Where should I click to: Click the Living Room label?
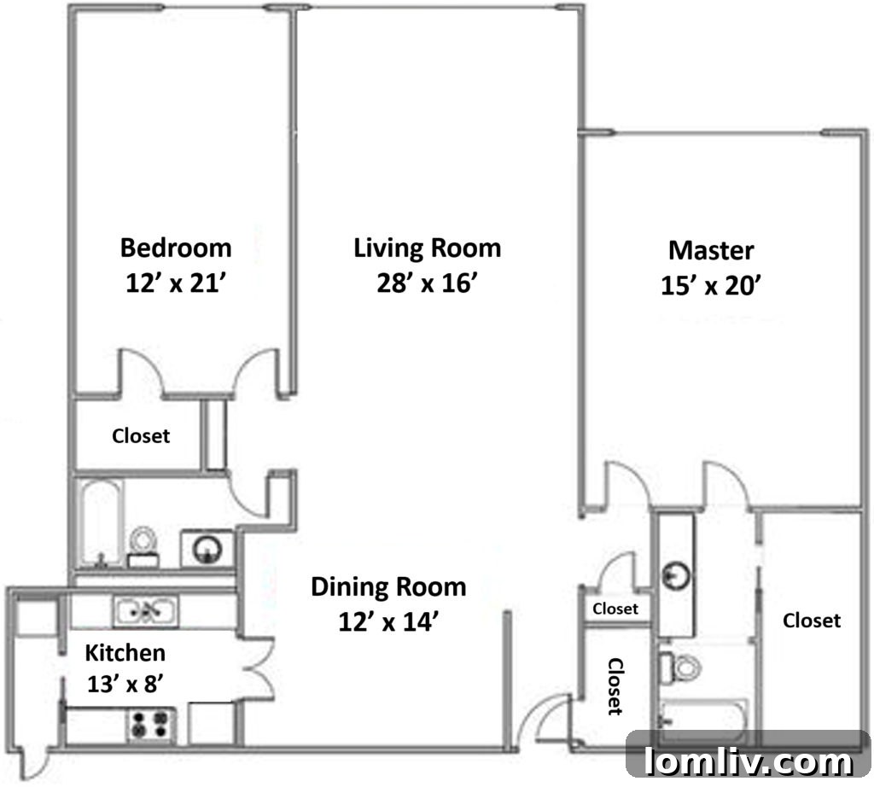click(x=427, y=248)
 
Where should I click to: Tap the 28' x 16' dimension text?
click(x=427, y=283)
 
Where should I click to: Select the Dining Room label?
click(x=388, y=587)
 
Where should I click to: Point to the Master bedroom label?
click(x=711, y=250)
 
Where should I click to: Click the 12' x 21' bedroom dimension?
click(x=176, y=283)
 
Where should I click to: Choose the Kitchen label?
click(x=125, y=653)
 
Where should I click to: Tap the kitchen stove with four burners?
click(x=149, y=725)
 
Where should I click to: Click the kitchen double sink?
click(x=146, y=609)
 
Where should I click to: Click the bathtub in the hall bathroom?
click(x=101, y=523)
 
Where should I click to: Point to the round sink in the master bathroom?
click(x=677, y=574)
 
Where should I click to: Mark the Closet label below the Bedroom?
click(x=142, y=436)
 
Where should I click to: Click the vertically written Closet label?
click(x=614, y=685)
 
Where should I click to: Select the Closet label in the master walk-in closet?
click(x=812, y=621)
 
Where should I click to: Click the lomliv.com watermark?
click(x=749, y=759)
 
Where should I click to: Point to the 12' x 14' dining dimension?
click(x=388, y=622)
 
